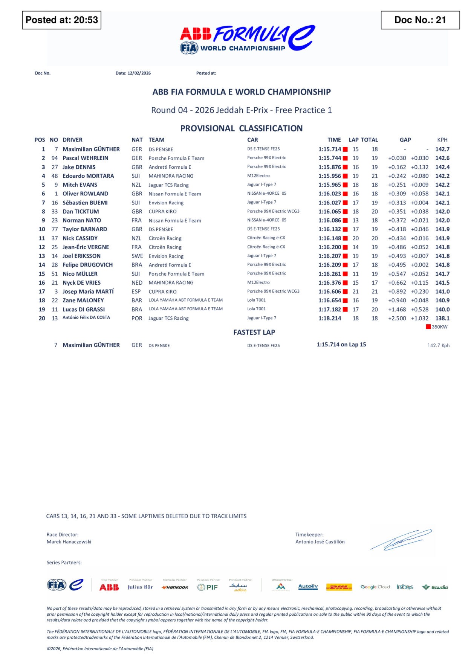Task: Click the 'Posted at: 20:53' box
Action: click(62, 20)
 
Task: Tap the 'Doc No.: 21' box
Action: click(420, 20)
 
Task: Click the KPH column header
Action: click(442, 140)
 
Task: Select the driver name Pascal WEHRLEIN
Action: click(86, 158)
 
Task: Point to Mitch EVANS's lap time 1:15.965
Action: click(330, 185)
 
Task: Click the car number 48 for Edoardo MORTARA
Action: click(55, 176)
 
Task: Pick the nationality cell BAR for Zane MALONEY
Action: click(137, 300)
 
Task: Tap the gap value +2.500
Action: click(397, 318)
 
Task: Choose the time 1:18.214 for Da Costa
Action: click(330, 318)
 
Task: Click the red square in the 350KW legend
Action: click(428, 327)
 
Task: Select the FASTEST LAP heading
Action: click(254, 332)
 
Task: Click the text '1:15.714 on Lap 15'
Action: click(341, 345)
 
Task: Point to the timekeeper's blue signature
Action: click(401, 540)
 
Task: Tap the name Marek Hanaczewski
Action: click(69, 542)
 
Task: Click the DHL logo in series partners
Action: click(339, 587)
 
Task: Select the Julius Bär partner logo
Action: click(140, 587)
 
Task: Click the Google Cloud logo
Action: click(375, 587)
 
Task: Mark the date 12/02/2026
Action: click(139, 73)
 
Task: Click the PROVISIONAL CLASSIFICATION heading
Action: click(241, 128)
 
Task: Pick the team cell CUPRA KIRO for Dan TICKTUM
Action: click(162, 212)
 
